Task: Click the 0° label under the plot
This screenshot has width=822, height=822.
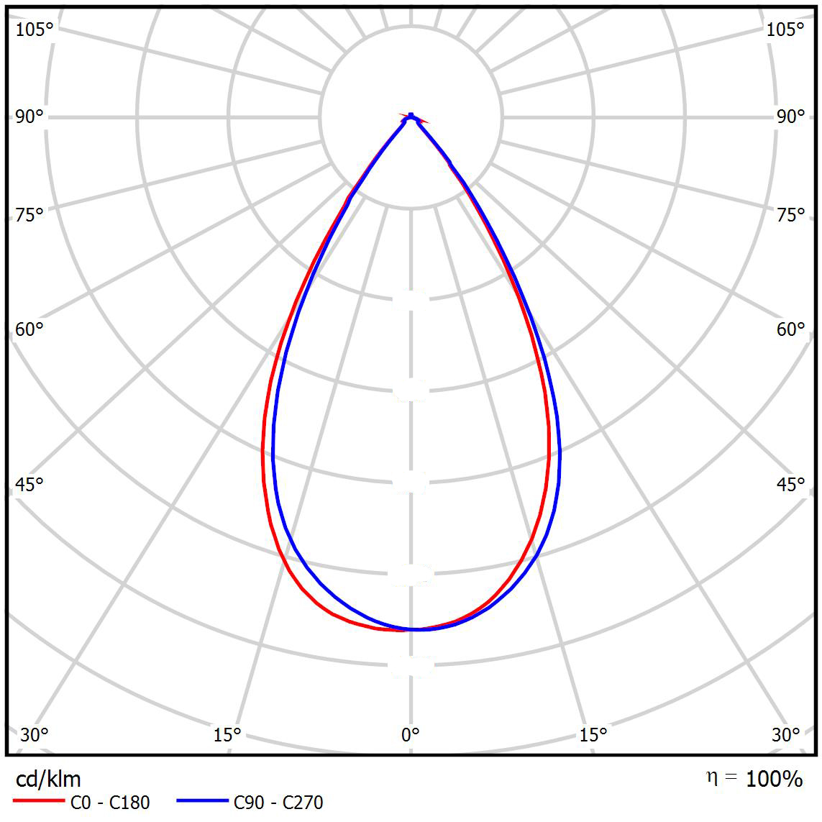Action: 410,735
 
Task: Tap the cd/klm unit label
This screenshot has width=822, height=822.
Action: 48,779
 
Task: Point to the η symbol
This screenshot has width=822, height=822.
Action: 712,777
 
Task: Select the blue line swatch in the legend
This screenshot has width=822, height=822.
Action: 203,801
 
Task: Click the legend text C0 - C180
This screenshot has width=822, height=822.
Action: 109,802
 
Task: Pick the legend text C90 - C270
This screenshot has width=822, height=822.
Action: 278,802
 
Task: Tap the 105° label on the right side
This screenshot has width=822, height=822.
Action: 785,29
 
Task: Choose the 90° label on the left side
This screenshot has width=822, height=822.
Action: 29,117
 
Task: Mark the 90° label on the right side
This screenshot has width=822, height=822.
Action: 790,117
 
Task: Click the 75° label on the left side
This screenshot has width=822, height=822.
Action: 29,214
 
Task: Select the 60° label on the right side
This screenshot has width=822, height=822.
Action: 790,329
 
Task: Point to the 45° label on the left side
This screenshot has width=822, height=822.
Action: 29,485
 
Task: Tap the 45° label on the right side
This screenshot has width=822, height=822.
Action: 790,485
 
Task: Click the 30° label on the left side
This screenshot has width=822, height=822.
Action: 35,735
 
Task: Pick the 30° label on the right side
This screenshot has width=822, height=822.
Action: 786,735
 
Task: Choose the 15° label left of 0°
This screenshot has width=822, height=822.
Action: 227,735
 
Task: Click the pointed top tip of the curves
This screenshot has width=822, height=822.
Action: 411,115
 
